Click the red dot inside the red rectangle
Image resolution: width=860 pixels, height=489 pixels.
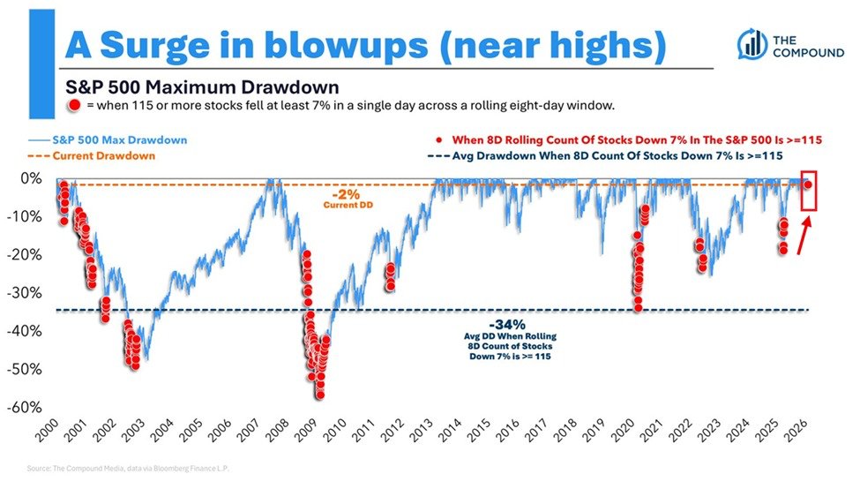click(808, 184)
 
